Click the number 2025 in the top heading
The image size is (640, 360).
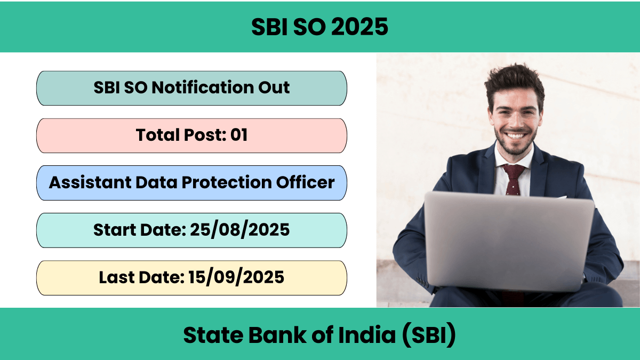359,27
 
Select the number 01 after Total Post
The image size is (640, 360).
239,135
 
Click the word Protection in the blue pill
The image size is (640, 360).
227,182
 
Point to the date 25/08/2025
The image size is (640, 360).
239,230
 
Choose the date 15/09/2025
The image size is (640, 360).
236,277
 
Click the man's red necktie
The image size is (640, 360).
514,179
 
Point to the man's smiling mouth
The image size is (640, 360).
515,135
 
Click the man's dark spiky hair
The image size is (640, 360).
514,83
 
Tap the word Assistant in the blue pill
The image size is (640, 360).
90,182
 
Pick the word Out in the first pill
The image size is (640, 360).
274,87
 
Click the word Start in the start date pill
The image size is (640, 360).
115,230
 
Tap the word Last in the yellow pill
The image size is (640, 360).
117,277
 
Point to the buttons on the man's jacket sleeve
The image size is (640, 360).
422,281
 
